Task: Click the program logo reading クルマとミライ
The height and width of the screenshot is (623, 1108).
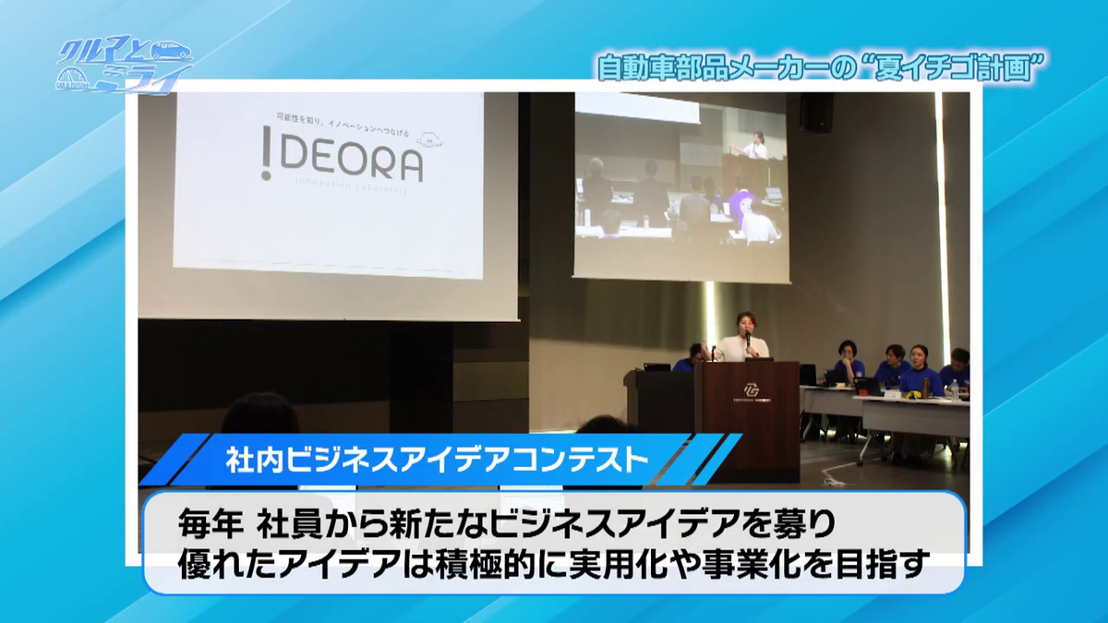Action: (x=124, y=66)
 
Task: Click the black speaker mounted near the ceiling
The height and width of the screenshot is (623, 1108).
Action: (x=815, y=112)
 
